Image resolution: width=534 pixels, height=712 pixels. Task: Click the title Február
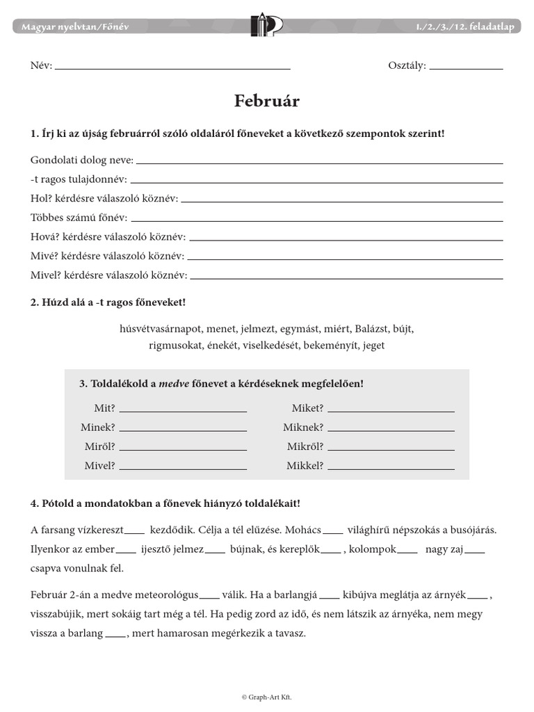point(267,102)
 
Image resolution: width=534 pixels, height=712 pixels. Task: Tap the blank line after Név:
point(172,68)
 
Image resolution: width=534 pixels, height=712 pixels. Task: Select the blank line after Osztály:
point(466,68)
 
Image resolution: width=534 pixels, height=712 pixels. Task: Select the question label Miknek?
point(303,427)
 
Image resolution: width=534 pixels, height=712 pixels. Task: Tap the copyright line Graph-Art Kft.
point(266,696)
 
